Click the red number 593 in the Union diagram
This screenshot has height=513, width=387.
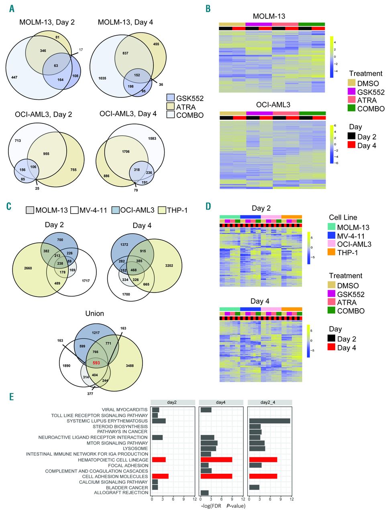pyautogui.click(x=96, y=363)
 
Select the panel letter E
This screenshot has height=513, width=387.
pyautogui.click(x=12, y=396)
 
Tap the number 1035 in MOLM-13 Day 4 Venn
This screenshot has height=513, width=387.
pyautogui.click(x=102, y=78)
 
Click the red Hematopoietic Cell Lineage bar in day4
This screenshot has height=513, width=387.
pyautogui.click(x=216, y=460)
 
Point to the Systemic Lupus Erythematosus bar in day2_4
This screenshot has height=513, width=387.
pyautogui.click(x=269, y=421)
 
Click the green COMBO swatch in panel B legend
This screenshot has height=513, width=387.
pyautogui.click(x=352, y=109)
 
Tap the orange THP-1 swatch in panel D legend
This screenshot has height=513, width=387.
pyautogui.click(x=332, y=252)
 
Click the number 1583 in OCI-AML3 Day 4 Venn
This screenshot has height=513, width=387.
pyautogui.click(x=152, y=139)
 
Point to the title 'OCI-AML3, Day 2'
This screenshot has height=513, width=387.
pyautogui.click(x=46, y=115)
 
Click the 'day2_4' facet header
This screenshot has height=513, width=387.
pyautogui.click(x=270, y=402)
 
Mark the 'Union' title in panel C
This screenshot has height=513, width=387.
pyautogui.click(x=94, y=313)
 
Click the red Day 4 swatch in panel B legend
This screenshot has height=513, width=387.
pyautogui.click(x=352, y=145)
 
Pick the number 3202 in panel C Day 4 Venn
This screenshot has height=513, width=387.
pyautogui.click(x=169, y=265)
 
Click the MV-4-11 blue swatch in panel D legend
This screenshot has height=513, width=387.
pyautogui.click(x=332, y=236)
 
